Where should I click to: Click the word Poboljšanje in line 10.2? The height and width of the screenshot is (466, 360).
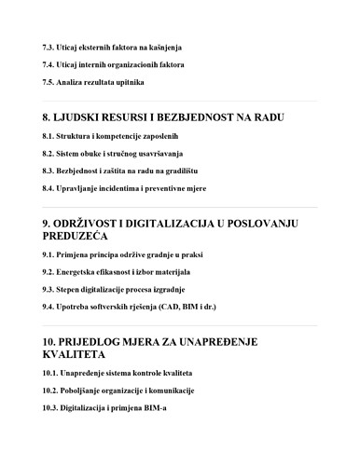[x=88, y=391]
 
